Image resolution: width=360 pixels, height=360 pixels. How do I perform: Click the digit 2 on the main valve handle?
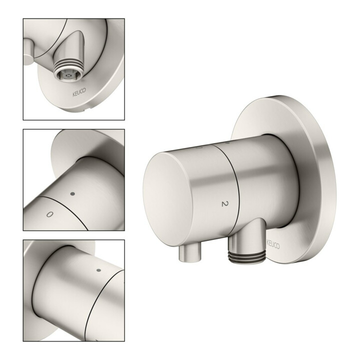click(x=225, y=203)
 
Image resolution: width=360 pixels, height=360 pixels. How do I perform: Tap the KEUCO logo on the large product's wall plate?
click(x=273, y=244)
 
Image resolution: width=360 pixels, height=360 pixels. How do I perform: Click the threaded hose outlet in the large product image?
click(x=246, y=256)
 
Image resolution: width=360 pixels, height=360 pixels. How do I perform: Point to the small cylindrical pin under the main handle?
click(x=189, y=253)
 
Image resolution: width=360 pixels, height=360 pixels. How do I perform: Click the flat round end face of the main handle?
click(x=167, y=199)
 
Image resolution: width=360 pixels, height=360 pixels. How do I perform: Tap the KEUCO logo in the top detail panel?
click(x=79, y=92)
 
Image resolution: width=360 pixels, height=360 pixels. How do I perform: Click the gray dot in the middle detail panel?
click(x=73, y=194)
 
